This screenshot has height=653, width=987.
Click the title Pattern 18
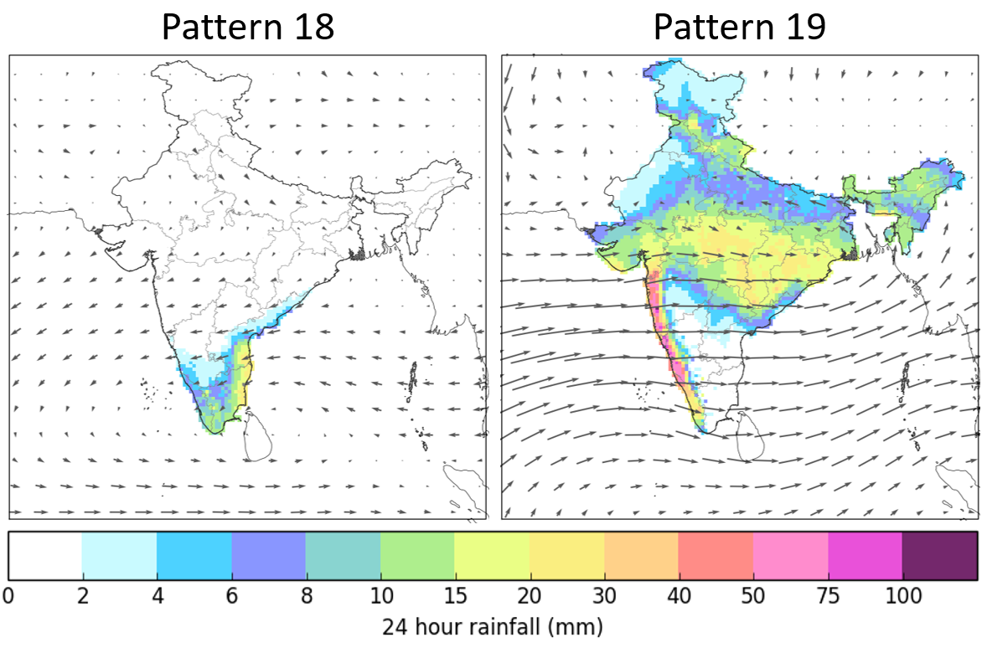pyautogui.click(x=248, y=27)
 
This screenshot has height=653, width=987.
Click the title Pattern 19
pyautogui.click(x=740, y=27)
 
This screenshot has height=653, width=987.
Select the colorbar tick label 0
pyautogui.click(x=8, y=596)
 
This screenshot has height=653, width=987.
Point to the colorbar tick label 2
pyautogui.click(x=82, y=596)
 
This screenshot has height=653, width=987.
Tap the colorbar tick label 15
pyautogui.click(x=454, y=596)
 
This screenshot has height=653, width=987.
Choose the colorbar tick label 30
pyautogui.click(x=604, y=596)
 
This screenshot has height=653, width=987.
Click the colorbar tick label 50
pyautogui.click(x=753, y=596)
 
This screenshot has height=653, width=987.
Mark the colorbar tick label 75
pyautogui.click(x=828, y=596)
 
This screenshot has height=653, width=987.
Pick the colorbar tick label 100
pyautogui.click(x=902, y=596)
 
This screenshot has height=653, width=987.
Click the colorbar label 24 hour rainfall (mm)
pyautogui.click(x=493, y=627)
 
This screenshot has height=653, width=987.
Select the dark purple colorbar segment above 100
pyautogui.click(x=939, y=556)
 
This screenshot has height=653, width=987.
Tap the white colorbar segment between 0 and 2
pyautogui.click(x=45, y=556)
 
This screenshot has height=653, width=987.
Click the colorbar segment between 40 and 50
pyautogui.click(x=716, y=556)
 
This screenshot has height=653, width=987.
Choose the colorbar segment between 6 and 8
pyautogui.click(x=268, y=556)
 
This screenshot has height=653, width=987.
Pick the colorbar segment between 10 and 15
pyautogui.click(x=417, y=556)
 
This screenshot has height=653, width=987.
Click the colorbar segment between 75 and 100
pyautogui.click(x=865, y=556)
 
